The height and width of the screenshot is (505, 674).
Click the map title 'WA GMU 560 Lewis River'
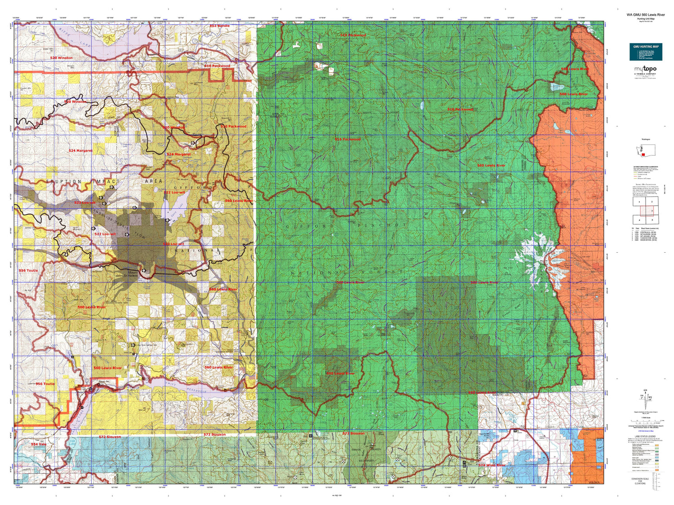point(646,15)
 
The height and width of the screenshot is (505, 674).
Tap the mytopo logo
point(645,69)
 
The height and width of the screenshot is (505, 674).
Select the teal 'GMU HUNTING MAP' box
point(646,52)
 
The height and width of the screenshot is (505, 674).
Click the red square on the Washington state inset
point(643,154)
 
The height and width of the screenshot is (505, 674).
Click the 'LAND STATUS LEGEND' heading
point(645,436)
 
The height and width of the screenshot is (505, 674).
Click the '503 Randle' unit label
point(219,26)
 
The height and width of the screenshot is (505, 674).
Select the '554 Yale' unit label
point(39,444)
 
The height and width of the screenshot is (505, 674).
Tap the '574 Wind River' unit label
point(492,465)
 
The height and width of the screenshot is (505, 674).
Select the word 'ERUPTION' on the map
point(64,182)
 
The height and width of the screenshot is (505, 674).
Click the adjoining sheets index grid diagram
point(645,211)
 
